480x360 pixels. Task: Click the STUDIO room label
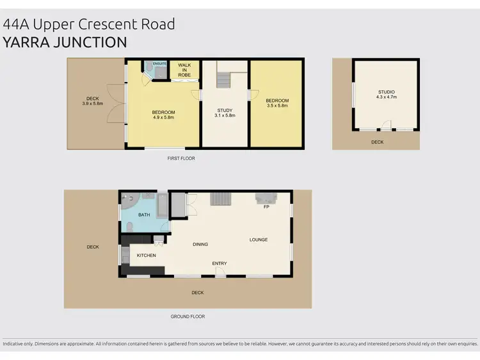click(387, 92)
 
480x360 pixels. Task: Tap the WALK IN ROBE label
click(184, 70)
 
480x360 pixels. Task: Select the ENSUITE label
click(159, 64)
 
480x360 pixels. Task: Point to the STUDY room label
click(225, 110)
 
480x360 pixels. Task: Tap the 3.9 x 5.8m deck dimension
click(93, 104)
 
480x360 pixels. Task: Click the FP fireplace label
click(266, 207)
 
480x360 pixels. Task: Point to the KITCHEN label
click(146, 256)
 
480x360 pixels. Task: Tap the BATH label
click(144, 215)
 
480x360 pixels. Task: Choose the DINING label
click(200, 244)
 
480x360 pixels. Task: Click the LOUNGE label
click(259, 240)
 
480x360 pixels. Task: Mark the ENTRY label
click(220, 263)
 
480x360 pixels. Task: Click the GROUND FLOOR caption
click(188, 316)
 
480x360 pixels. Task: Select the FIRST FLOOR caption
click(181, 158)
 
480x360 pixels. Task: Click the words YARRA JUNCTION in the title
click(65, 42)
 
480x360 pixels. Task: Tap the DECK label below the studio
click(378, 142)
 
